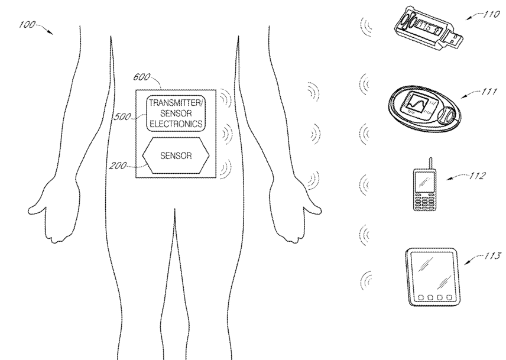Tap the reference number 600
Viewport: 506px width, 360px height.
(142, 77)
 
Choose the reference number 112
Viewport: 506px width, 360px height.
(476, 176)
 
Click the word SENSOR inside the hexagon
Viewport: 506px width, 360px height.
(176, 156)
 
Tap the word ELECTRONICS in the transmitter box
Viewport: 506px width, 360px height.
(176, 124)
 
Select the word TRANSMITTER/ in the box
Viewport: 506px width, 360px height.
(176, 103)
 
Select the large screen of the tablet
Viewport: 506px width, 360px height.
(430, 271)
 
